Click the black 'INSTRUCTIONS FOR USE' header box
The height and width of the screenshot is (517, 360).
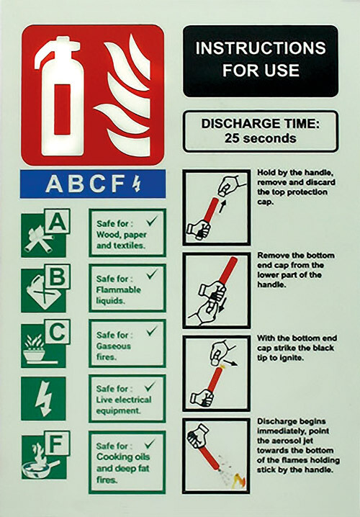[x=260, y=60]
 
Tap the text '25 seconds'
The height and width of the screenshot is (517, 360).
[x=260, y=138]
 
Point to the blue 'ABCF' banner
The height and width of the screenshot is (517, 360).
[x=92, y=184]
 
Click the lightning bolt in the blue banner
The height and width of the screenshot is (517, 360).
[x=138, y=184]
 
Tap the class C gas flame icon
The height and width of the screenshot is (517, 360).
[x=44, y=343]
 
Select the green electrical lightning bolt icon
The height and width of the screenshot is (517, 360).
[x=43, y=398]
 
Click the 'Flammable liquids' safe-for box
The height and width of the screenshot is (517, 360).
[x=127, y=287]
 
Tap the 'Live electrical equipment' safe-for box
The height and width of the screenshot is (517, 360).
[x=127, y=398]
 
